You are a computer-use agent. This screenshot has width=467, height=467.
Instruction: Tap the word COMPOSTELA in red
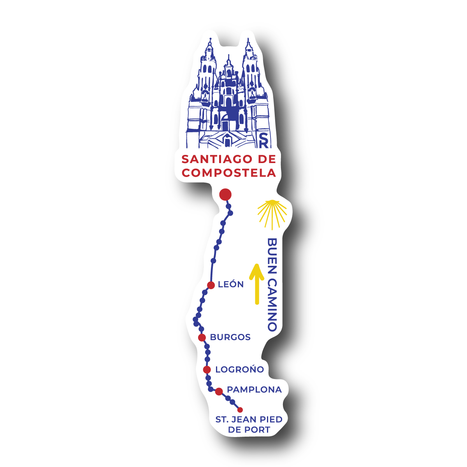(x=229, y=172)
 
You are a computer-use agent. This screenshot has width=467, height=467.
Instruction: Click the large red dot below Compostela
(x=225, y=194)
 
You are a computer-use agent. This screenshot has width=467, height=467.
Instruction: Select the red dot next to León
(x=211, y=285)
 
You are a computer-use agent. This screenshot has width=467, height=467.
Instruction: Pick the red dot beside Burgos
(x=202, y=337)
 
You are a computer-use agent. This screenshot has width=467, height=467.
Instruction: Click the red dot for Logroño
(x=207, y=369)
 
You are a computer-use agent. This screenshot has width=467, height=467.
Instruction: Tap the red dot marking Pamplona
(x=219, y=391)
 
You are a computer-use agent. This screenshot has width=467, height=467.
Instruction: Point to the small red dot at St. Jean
(x=240, y=409)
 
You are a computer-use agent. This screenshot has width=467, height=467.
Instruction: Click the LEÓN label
(x=231, y=284)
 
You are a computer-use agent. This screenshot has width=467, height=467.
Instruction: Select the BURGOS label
(x=230, y=337)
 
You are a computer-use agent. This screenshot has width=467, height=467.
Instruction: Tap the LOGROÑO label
(x=239, y=369)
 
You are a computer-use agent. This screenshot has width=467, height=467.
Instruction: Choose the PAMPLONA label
(x=254, y=390)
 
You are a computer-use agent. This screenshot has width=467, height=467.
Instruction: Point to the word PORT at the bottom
(x=257, y=430)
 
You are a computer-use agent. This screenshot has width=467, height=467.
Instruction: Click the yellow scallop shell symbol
(x=272, y=212)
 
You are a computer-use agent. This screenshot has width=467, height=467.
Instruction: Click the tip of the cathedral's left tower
(x=210, y=39)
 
